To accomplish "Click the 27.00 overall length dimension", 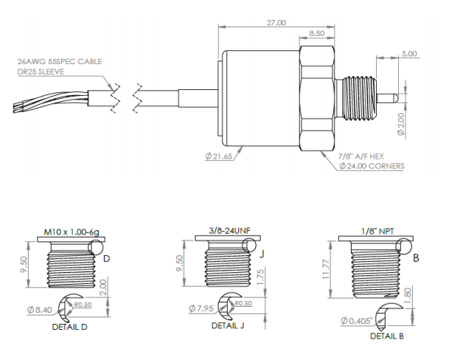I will pyautogui.click(x=276, y=23).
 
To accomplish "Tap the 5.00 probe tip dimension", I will pyautogui.click(x=410, y=54).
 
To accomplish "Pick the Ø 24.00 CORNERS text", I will pyautogui.click(x=372, y=167).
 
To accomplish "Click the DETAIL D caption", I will pyautogui.click(x=71, y=326).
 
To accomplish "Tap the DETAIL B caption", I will pyautogui.click(x=387, y=336).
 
